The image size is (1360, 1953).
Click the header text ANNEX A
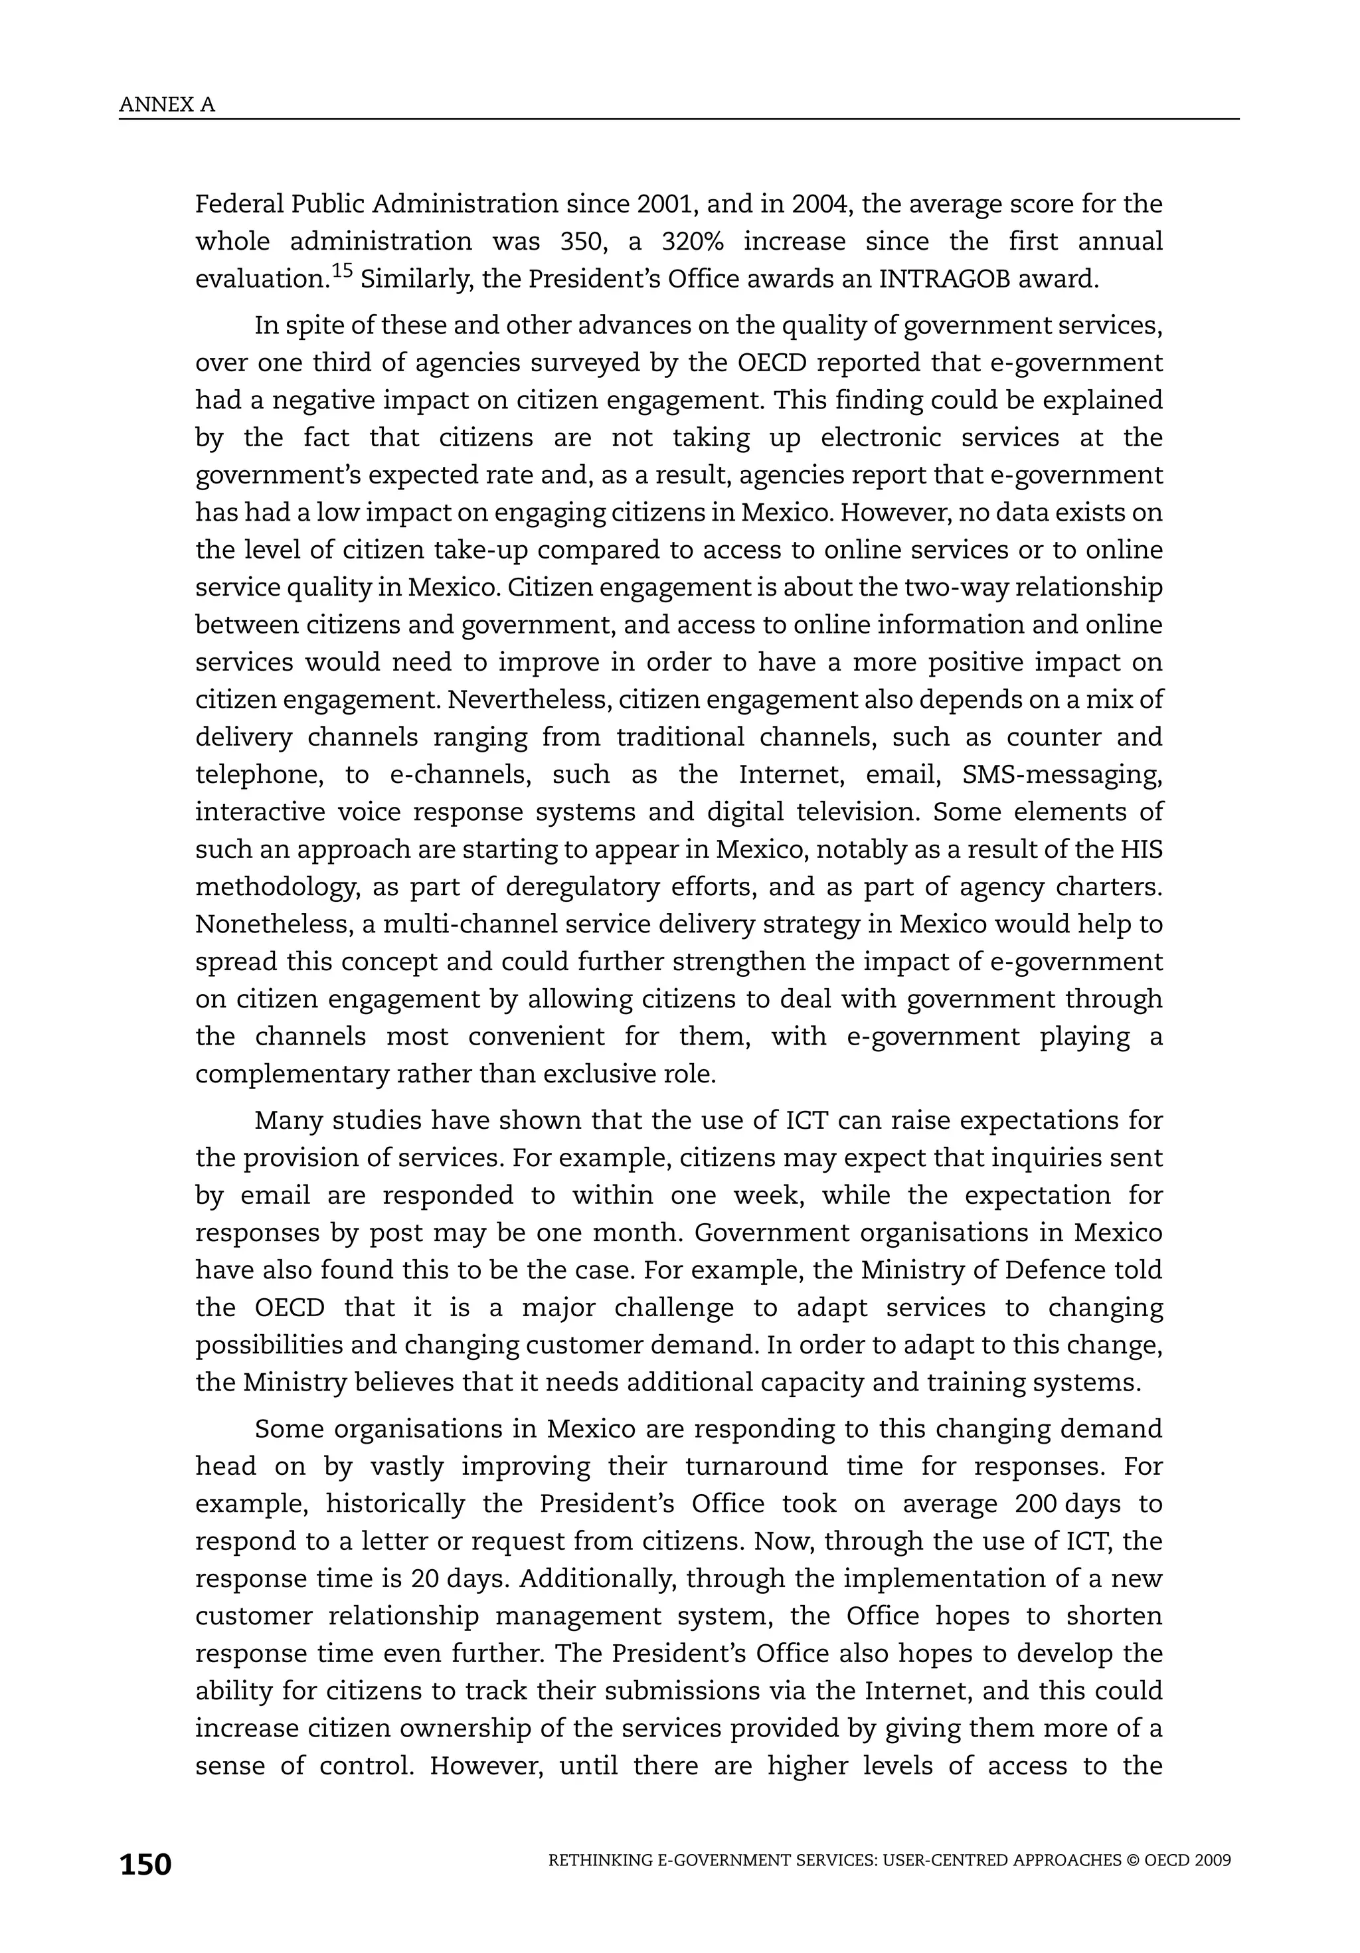tap(167, 105)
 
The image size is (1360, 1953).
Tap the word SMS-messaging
tap(1061, 774)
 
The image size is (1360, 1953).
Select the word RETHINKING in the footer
tap(602, 1860)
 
